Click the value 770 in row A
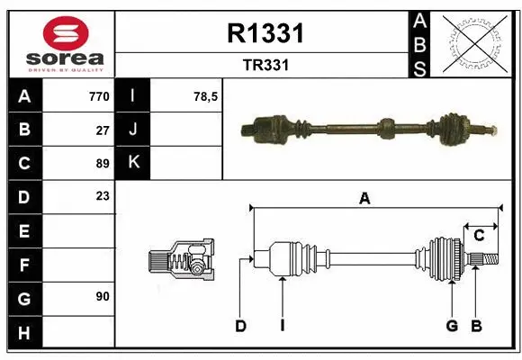(98, 96)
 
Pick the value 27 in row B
(102, 130)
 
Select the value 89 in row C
(102, 163)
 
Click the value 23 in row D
(102, 195)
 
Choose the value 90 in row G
(102, 295)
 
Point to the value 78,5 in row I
(206, 96)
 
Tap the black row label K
(134, 163)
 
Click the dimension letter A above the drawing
(364, 199)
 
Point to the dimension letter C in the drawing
(479, 235)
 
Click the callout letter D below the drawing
(240, 326)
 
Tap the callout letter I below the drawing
(282, 326)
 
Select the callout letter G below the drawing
(452, 326)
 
